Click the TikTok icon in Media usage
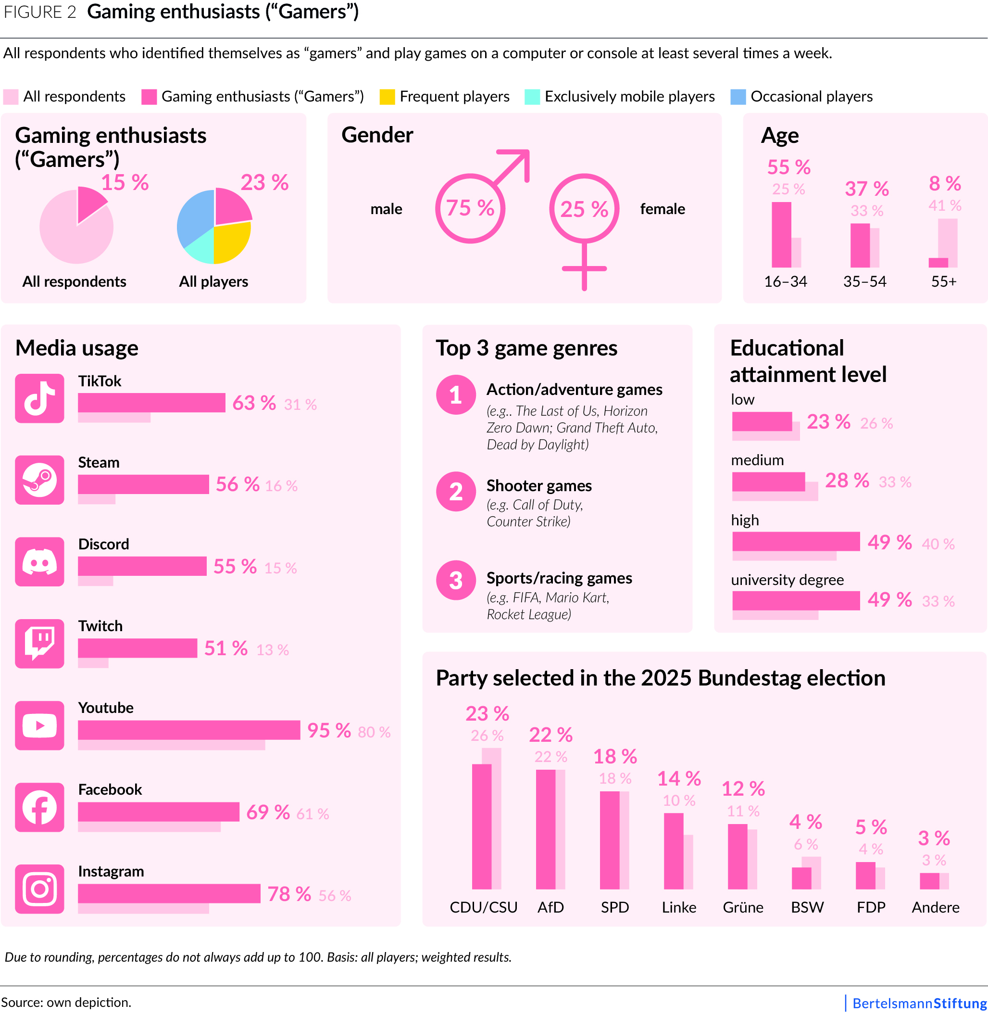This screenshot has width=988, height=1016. click(x=39, y=398)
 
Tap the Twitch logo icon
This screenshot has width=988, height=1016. click(x=39, y=643)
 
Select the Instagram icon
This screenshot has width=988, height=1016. click(x=39, y=889)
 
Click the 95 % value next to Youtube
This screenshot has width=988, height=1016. click(x=328, y=730)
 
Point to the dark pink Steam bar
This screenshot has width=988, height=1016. click(x=143, y=484)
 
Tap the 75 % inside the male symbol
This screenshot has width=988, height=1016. click(x=470, y=208)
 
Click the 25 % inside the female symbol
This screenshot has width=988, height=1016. click(x=584, y=209)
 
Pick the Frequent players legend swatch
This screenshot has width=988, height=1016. click(x=387, y=97)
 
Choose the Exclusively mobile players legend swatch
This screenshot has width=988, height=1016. click(x=532, y=97)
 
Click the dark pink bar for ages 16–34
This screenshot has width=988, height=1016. click(x=781, y=234)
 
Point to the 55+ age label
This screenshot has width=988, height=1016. click(x=943, y=281)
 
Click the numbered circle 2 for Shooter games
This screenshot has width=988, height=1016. click(x=456, y=491)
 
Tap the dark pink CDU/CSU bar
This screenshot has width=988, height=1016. click(x=481, y=826)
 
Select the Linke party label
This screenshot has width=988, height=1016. click(x=678, y=907)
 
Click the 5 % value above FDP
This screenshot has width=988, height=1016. click(x=871, y=826)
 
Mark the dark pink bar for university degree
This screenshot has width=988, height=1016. click(x=796, y=601)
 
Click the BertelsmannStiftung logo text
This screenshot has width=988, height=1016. click(x=919, y=1003)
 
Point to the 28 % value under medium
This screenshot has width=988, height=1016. click(x=846, y=480)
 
